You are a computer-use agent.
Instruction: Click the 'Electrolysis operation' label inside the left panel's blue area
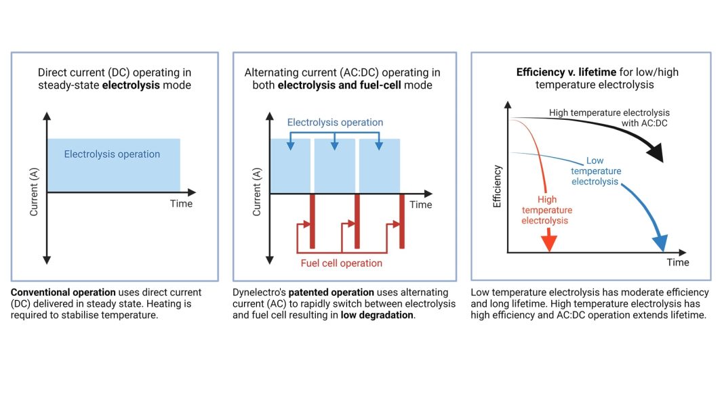click(x=112, y=154)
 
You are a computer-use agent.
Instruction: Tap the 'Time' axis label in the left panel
click(x=181, y=204)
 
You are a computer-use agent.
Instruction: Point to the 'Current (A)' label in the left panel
click(x=34, y=192)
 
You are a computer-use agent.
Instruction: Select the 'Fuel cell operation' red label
click(x=341, y=263)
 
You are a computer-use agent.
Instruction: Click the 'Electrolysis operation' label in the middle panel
click(x=335, y=123)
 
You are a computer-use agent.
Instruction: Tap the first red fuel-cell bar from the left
click(x=313, y=220)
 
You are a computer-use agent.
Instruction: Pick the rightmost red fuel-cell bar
click(x=402, y=220)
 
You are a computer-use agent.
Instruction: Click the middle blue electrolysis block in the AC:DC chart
click(x=334, y=166)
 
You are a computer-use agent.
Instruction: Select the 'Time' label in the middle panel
click(x=420, y=205)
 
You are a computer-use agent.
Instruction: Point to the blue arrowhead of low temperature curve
click(x=659, y=242)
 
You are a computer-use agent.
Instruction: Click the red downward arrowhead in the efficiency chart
click(x=549, y=242)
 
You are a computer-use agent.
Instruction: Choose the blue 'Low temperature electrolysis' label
click(x=595, y=171)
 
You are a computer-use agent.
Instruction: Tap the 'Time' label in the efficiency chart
click(x=677, y=262)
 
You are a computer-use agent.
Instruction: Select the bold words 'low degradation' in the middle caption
click(x=377, y=315)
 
